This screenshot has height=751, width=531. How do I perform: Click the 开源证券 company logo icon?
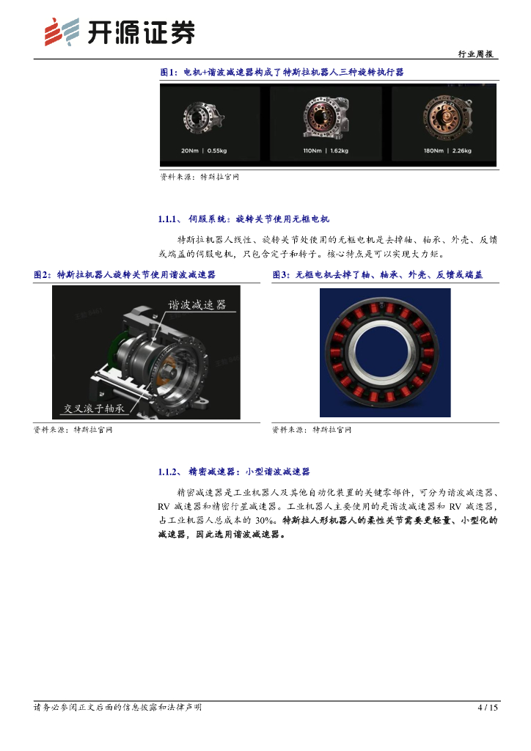[62, 32]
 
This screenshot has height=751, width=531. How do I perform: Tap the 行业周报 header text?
[475, 54]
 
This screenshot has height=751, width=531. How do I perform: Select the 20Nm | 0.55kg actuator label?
[204, 150]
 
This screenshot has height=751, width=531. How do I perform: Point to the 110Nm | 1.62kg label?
[326, 150]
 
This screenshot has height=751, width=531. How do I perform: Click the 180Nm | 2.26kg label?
[447, 150]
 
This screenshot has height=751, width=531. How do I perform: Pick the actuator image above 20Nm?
[203, 117]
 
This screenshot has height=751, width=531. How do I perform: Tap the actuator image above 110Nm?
[326, 117]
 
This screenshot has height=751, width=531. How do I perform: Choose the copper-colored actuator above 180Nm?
[447, 117]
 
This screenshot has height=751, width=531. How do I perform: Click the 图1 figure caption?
[282, 73]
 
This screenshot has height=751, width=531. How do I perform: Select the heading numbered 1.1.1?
[243, 219]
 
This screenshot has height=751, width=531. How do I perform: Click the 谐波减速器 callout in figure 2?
[197, 304]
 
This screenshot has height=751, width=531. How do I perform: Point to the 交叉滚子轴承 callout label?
[95, 408]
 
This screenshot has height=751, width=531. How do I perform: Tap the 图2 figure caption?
[125, 274]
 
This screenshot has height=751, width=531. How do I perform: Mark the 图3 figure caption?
[378, 274]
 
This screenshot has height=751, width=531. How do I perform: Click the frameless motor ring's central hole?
[385, 353]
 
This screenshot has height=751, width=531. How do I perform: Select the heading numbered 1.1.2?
[234, 472]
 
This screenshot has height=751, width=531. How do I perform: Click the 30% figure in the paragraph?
[265, 520]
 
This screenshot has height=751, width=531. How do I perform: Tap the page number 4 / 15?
[488, 708]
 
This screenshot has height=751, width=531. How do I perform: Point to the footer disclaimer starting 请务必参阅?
[118, 708]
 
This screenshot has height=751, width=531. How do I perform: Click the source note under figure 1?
[199, 177]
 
